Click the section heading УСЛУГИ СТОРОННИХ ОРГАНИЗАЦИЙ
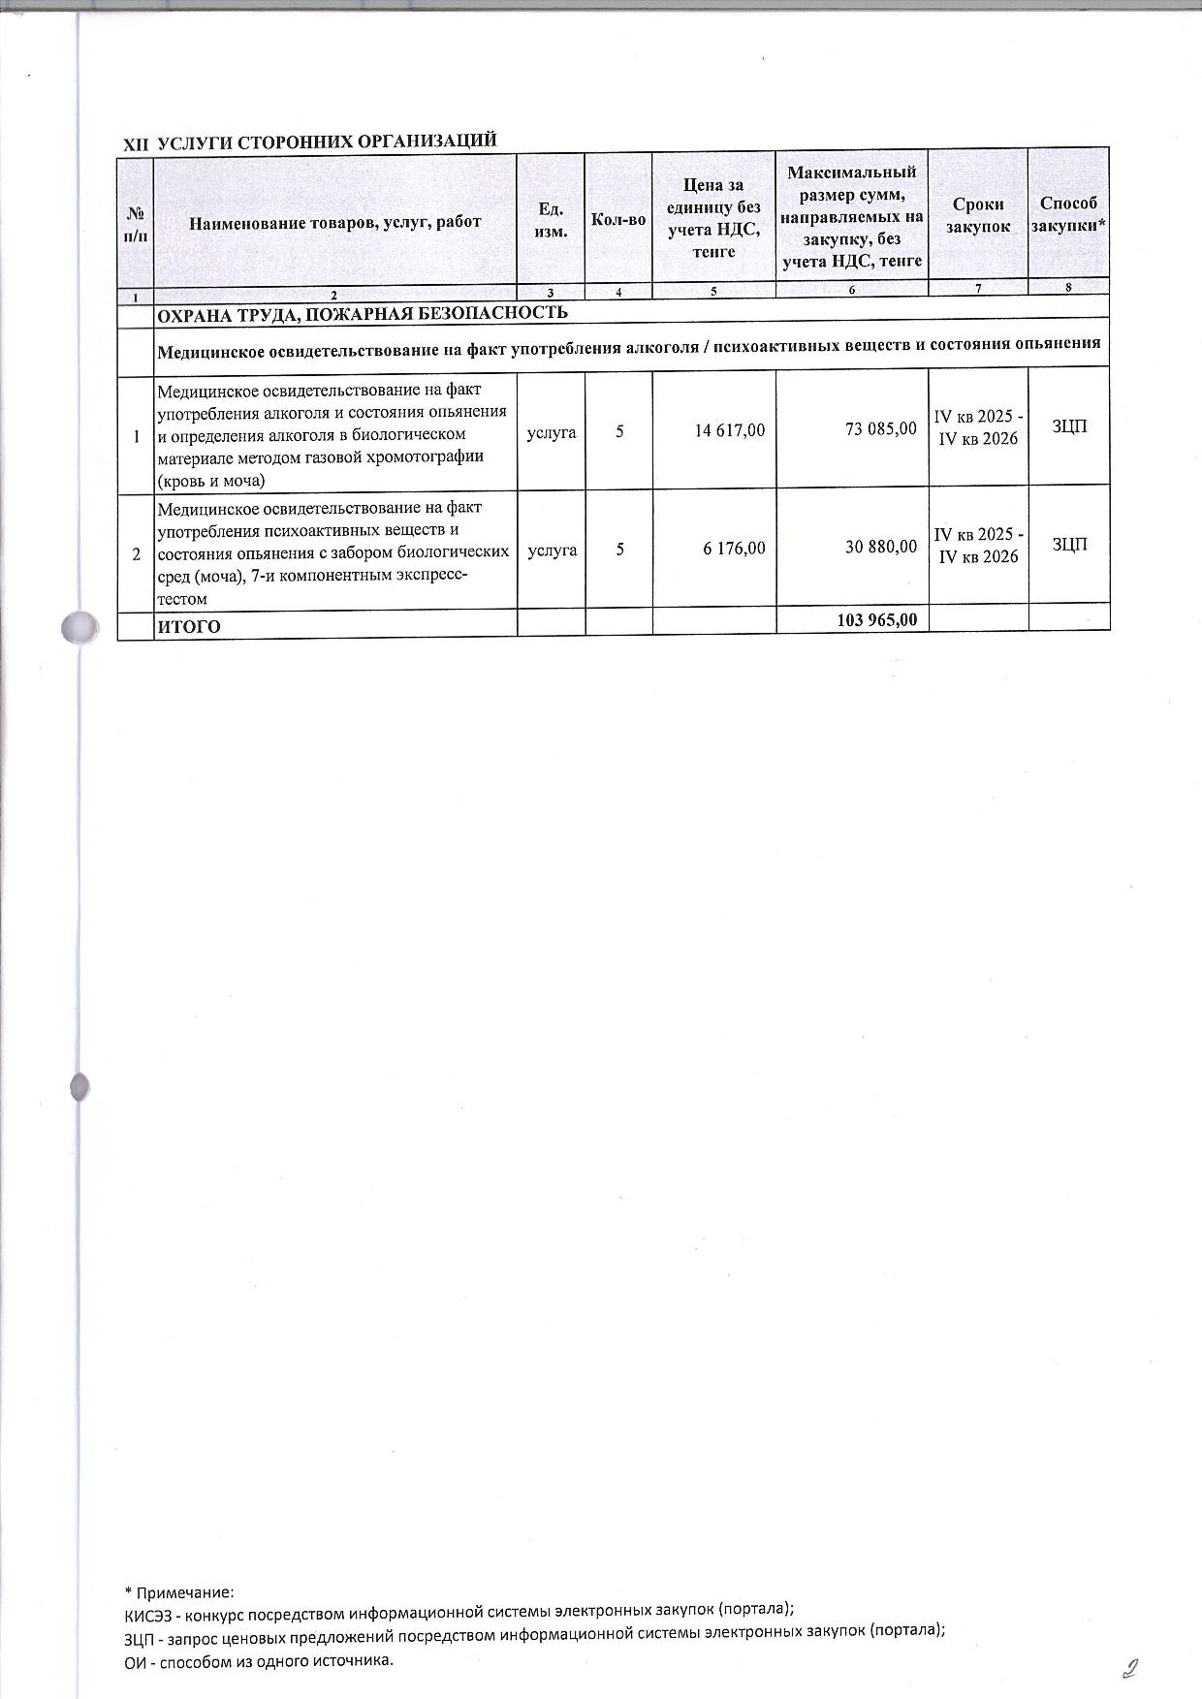click(x=327, y=141)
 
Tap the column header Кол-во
click(x=618, y=220)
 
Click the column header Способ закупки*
click(x=1068, y=214)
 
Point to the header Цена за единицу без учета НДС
click(x=713, y=218)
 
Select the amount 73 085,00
click(x=880, y=427)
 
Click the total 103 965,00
click(x=876, y=619)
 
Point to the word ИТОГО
click(x=189, y=626)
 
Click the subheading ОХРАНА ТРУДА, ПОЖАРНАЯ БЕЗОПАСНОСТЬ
click(x=363, y=312)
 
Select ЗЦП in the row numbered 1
click(x=1068, y=427)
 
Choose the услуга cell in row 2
click(x=552, y=550)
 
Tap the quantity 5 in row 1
click(x=618, y=431)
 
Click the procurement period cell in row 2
click(x=977, y=546)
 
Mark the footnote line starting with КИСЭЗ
click(x=459, y=1610)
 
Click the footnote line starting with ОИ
click(x=260, y=1660)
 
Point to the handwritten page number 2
click(x=1128, y=1668)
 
